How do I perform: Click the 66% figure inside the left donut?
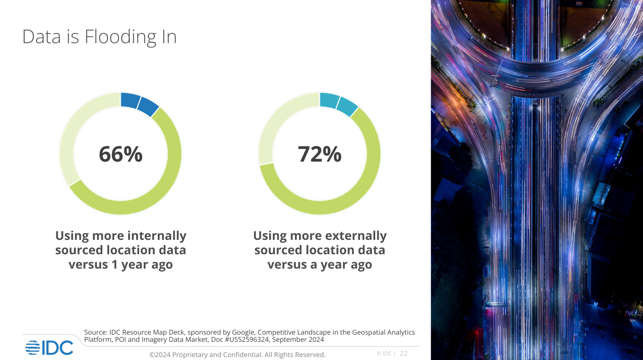(121, 154)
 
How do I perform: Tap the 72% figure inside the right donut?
(319, 154)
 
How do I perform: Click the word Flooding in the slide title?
(121, 37)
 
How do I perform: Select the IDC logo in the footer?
(49, 348)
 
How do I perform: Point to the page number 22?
(404, 354)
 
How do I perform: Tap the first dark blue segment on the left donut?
(130, 100)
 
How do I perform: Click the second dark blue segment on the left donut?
(148, 107)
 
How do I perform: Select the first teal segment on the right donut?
(329, 100)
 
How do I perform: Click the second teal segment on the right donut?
(347, 107)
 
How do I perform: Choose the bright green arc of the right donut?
(364, 182)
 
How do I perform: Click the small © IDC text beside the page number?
(384, 354)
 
